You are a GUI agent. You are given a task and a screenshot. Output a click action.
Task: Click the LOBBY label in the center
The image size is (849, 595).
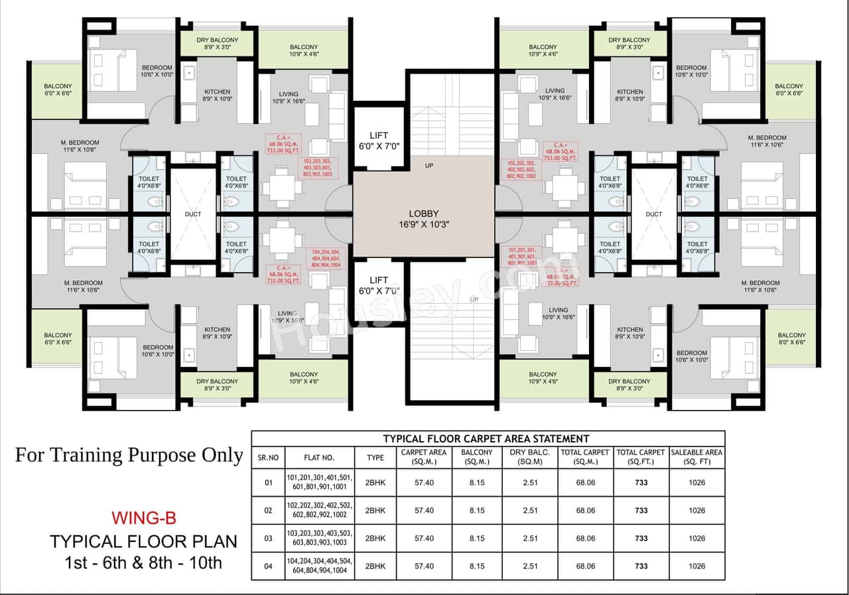coord(424,213)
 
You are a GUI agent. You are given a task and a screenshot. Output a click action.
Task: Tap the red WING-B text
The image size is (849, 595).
coord(143,517)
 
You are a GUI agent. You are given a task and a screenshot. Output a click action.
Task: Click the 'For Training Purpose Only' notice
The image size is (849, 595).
coord(129,455)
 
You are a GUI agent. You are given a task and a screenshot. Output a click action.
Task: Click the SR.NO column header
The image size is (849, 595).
coord(268,457)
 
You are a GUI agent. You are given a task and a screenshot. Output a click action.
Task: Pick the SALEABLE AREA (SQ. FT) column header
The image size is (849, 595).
coord(696,457)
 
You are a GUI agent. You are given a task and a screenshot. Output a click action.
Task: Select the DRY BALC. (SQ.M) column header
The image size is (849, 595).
coord(529,457)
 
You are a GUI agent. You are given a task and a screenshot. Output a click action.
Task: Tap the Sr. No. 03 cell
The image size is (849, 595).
coord(268,538)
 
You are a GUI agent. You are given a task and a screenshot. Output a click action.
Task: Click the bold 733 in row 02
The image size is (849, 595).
coord(641,510)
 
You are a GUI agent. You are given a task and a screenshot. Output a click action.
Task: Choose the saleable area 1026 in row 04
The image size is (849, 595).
coord(696,566)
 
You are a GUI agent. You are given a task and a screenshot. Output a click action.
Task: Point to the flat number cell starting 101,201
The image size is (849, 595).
coord(320,482)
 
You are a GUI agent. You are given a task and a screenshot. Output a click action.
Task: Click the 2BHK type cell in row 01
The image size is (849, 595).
coord(375,482)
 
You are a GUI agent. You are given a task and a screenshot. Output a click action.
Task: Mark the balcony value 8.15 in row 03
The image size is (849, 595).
coord(476,538)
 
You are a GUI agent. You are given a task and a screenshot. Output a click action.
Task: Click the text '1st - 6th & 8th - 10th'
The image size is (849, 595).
coord(143,564)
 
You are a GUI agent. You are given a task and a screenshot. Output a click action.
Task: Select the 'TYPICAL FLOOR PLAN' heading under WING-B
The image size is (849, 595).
coord(143,541)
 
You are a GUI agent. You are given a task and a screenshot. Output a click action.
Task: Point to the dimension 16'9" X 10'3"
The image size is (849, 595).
coord(424,224)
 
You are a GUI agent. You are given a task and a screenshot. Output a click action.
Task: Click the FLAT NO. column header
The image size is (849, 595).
coord(319,457)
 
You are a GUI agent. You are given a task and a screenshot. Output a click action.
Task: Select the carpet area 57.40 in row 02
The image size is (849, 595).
coord(424,510)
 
